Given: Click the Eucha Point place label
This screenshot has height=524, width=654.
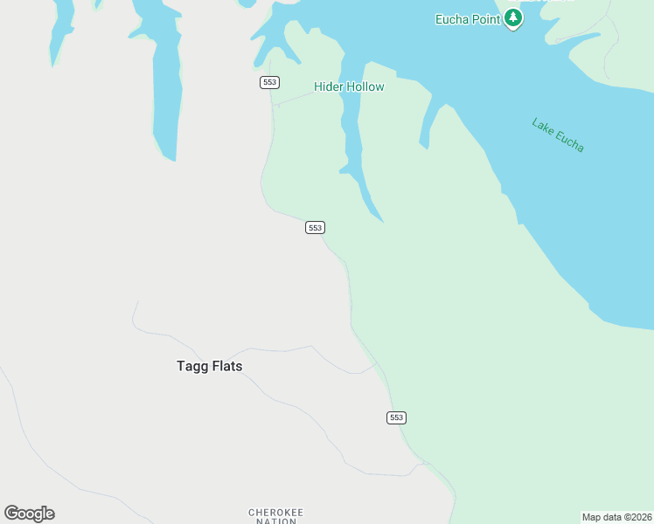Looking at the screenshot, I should click(x=468, y=18).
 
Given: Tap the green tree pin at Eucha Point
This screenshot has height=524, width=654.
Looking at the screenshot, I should click(x=513, y=17).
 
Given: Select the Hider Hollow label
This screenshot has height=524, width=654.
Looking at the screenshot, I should click(x=349, y=86).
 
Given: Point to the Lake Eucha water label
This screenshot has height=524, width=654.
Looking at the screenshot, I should click(x=558, y=134).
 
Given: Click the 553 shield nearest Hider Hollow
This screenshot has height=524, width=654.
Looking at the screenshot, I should click(x=269, y=82).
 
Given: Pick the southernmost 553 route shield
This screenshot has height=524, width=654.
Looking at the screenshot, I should click(x=396, y=417).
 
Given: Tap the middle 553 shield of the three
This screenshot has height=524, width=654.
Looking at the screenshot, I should click(x=315, y=227).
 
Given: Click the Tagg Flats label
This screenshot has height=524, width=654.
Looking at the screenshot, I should click(x=209, y=367).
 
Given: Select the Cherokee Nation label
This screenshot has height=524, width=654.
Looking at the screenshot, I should click(x=276, y=516).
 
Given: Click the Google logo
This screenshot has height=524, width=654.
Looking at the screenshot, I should click(x=30, y=514).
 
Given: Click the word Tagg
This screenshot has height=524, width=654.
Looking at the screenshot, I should click(x=191, y=367).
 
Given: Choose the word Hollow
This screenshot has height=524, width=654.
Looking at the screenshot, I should click(x=366, y=86).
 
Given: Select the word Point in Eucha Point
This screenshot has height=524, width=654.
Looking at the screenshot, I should click(x=486, y=18).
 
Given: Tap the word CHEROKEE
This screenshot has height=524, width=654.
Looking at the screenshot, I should click(x=276, y=512).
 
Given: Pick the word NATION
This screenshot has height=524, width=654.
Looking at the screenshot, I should click(x=276, y=521).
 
